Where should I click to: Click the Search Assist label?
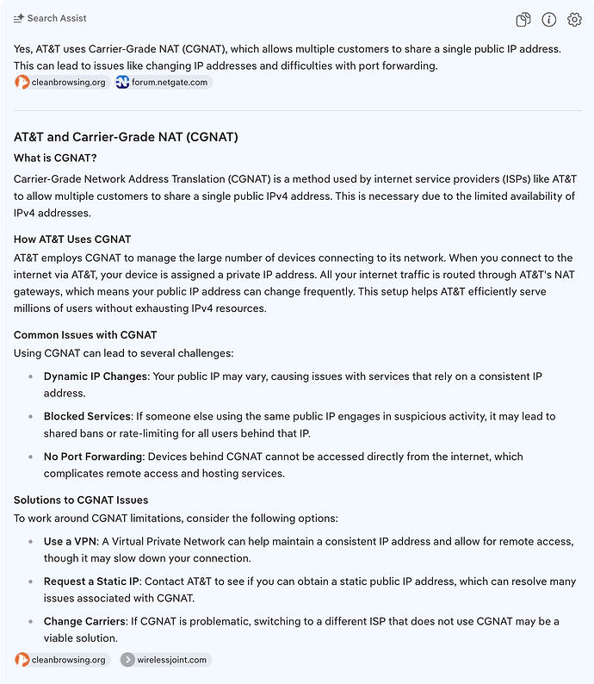pyautogui.click(x=57, y=18)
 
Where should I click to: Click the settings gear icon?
pyautogui.click(x=574, y=20)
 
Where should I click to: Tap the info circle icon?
pyautogui.click(x=548, y=20)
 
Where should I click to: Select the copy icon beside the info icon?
pyautogui.click(x=523, y=20)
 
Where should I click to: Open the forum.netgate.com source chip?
pyautogui.click(x=163, y=82)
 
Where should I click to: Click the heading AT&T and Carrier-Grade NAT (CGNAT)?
pyautogui.click(x=126, y=137)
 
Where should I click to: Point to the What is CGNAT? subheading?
pyautogui.click(x=55, y=158)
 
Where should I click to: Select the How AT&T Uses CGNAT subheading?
pyautogui.click(x=72, y=239)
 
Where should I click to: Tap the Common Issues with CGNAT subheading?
pyautogui.click(x=85, y=334)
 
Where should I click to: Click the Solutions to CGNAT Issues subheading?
pyautogui.click(x=81, y=500)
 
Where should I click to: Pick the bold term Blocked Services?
pyautogui.click(x=87, y=416)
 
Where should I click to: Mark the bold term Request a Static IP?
pyautogui.click(x=92, y=581)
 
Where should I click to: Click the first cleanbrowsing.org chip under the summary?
pyautogui.click(x=60, y=82)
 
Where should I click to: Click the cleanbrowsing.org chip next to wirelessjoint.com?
pyautogui.click(x=60, y=660)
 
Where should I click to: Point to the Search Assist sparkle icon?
pyautogui.click(x=19, y=18)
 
